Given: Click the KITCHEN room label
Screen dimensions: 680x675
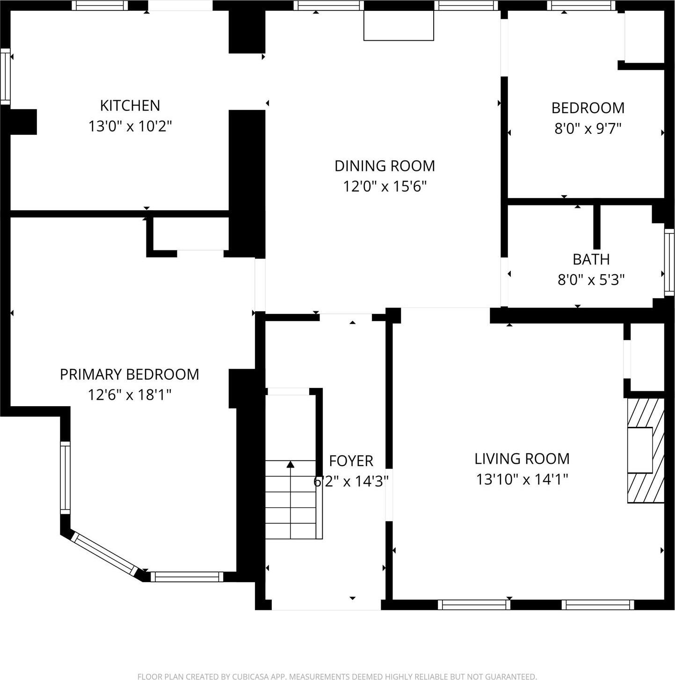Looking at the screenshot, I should point(130,105).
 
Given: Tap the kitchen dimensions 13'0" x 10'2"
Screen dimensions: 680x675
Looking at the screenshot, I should point(130,126).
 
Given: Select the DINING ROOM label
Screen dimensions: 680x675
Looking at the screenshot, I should point(385,166).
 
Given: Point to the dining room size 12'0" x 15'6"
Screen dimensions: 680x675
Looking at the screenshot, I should point(385,186).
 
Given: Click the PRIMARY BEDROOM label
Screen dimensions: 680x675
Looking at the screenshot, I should point(129,374).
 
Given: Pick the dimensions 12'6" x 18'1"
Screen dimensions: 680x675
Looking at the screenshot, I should point(129,395).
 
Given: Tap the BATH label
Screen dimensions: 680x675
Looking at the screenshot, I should point(591,259).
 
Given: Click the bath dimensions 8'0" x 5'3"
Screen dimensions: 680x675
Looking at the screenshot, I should point(591,280).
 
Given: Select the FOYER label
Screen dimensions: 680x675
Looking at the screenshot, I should point(351,461).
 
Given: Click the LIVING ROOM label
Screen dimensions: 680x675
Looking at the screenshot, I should point(522,459).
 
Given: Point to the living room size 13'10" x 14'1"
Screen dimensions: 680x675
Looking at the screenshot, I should point(522,479).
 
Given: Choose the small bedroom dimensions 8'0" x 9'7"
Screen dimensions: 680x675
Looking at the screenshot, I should point(588,128).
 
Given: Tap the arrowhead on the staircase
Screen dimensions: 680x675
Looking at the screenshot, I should point(290,464).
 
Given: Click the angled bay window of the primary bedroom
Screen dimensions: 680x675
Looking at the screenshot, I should point(104,555).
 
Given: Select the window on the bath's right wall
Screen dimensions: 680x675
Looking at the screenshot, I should point(669,262).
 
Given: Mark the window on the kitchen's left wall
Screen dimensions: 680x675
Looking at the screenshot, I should point(5,76).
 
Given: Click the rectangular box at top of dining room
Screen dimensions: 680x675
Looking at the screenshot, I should point(399,25).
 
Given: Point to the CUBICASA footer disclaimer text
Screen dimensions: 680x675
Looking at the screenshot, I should point(337,676).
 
